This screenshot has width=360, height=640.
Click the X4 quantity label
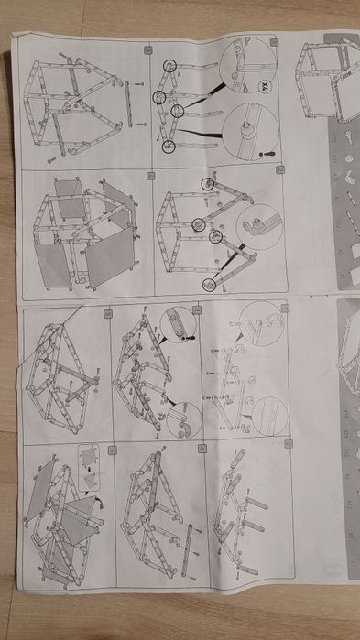coord(264,88)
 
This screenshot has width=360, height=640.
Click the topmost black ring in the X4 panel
coord(169,65)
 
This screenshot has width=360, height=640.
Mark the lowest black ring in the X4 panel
coord(168,146)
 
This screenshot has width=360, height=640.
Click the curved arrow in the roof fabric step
coord(97,501)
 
